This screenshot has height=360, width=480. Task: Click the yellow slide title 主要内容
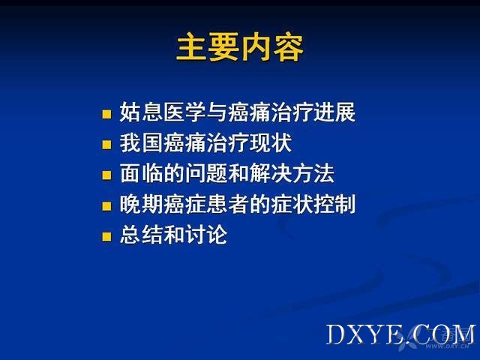(240, 48)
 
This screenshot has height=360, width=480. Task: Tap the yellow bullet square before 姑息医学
(106, 114)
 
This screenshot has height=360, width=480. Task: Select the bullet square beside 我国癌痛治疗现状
(106, 145)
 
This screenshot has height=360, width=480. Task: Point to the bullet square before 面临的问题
(106, 175)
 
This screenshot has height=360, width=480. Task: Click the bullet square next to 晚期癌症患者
(106, 205)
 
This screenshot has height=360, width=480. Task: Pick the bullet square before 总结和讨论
(106, 236)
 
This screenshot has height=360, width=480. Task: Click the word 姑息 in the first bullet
(141, 112)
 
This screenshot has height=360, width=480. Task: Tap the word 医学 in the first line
(184, 112)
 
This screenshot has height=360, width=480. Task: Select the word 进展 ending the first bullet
(334, 112)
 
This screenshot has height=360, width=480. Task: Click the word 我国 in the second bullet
(141, 142)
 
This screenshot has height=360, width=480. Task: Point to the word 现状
(270, 142)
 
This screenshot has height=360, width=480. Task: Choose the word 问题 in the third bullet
(205, 173)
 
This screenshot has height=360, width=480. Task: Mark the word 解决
(270, 173)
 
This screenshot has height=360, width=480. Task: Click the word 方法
(313, 173)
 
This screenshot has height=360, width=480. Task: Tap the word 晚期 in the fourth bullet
(141, 204)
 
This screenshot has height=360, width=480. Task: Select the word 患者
(227, 204)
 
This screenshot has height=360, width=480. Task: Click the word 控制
(334, 204)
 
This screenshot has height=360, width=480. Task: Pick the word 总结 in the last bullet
(141, 235)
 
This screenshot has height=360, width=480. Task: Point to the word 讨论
(205, 235)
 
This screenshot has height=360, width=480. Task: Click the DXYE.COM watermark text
(400, 334)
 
